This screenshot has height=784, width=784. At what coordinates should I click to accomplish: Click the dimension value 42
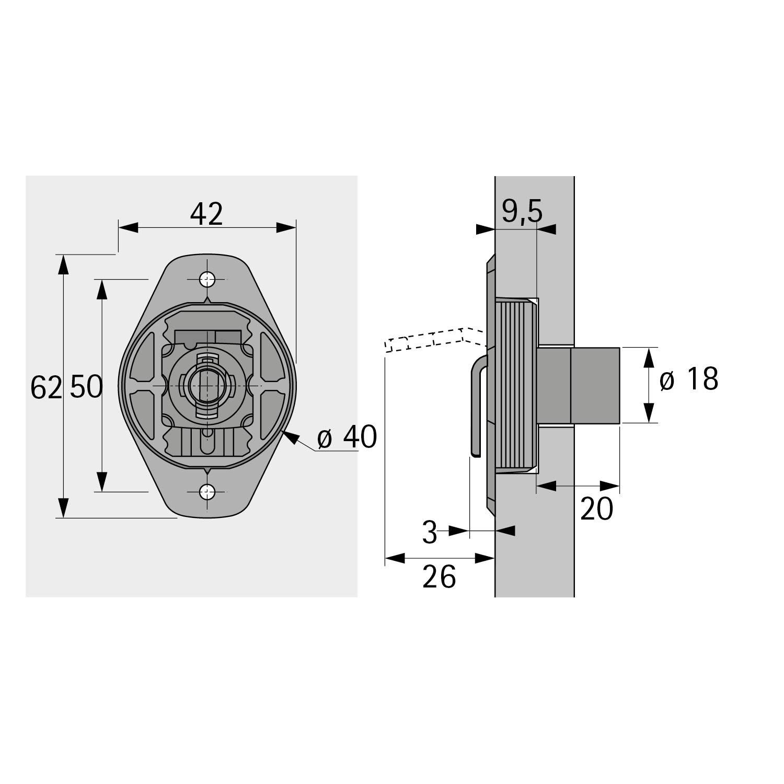point(207,214)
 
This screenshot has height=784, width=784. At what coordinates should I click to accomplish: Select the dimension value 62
point(46,387)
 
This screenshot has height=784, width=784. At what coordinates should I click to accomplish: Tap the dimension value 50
point(86,387)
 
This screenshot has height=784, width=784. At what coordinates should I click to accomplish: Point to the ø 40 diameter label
point(347,437)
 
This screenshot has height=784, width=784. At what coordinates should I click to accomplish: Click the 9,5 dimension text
point(522,212)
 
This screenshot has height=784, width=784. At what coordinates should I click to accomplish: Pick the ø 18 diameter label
point(689,379)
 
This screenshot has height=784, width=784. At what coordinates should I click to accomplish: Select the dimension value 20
point(596,508)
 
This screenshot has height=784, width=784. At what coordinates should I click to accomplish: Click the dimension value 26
point(439,577)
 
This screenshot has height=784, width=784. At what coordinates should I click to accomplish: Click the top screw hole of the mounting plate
point(208,280)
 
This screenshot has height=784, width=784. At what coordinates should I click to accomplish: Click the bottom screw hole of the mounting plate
point(208,491)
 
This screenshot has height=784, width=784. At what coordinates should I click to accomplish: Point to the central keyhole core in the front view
point(207,385)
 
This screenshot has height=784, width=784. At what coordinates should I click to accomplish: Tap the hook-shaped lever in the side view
point(477,408)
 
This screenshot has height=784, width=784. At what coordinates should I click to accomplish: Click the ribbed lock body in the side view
point(515,385)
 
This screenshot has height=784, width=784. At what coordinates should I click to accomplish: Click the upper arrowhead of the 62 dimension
point(63,264)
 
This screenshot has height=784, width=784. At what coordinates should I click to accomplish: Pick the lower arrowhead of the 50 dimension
point(101,481)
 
